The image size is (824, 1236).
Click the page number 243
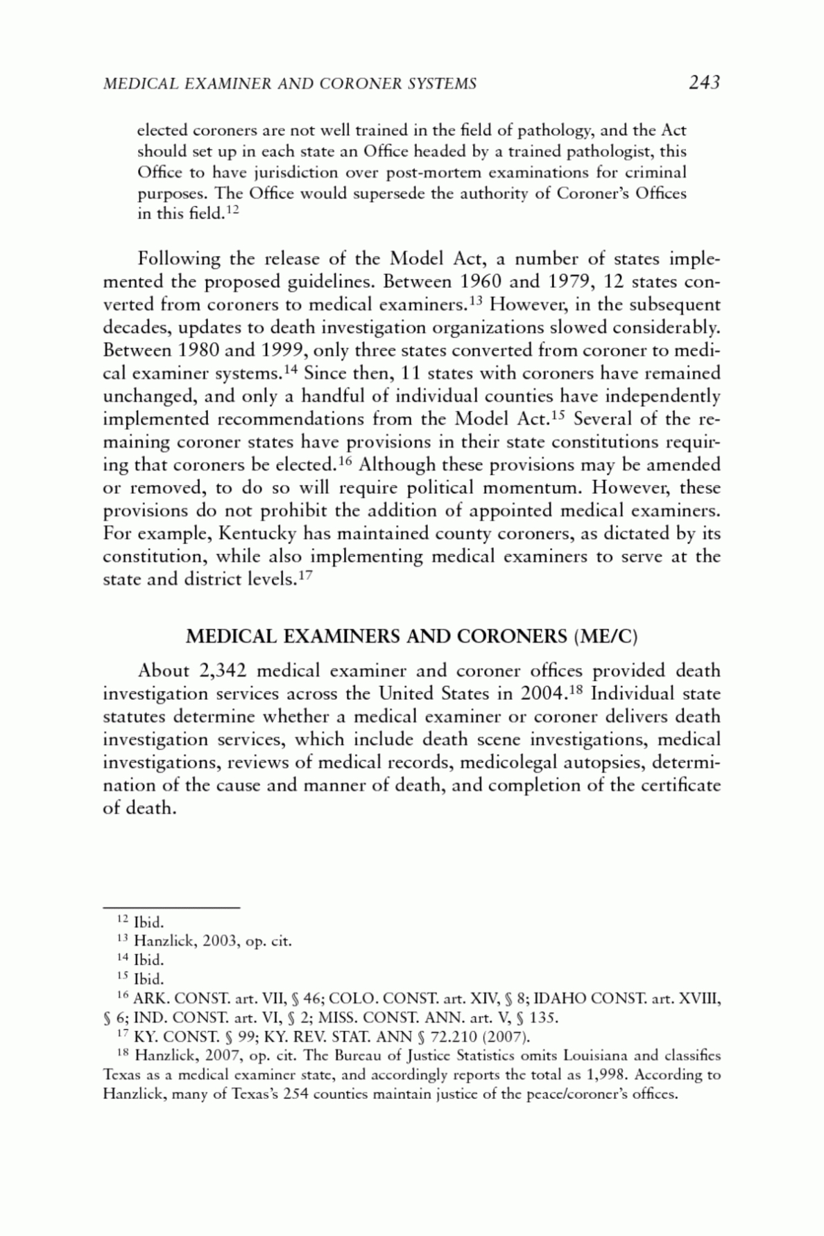coord(704,83)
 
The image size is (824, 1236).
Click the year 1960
coord(481,282)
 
